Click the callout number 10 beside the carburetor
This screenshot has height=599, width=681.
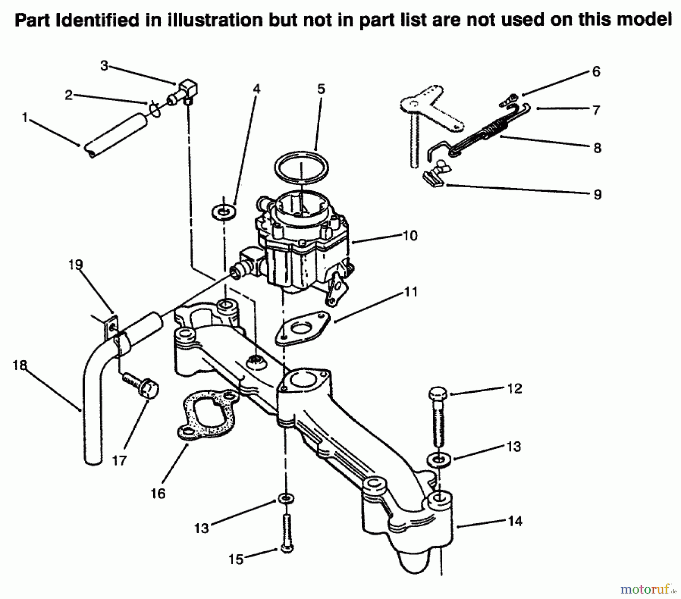pos(410,235)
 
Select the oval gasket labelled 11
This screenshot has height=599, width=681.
pos(302,328)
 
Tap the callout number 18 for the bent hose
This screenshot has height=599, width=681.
pos(20,365)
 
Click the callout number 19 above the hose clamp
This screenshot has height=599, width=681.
pos(76,264)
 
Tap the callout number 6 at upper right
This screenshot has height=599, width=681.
pos(596,72)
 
